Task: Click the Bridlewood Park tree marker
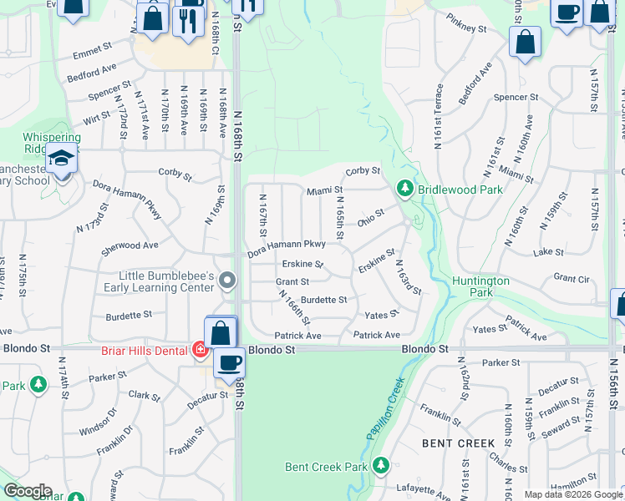click(x=405, y=190)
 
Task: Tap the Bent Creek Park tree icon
click(x=381, y=465)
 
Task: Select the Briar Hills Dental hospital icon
click(x=201, y=350)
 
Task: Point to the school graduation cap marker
click(x=62, y=158)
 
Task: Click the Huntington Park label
click(x=480, y=286)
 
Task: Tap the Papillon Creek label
click(x=385, y=409)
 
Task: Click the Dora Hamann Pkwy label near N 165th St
click(x=286, y=244)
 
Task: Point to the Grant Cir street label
click(x=572, y=277)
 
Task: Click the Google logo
click(x=27, y=491)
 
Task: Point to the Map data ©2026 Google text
click(x=573, y=494)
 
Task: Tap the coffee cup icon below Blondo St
click(x=229, y=364)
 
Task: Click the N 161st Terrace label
click(x=437, y=116)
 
